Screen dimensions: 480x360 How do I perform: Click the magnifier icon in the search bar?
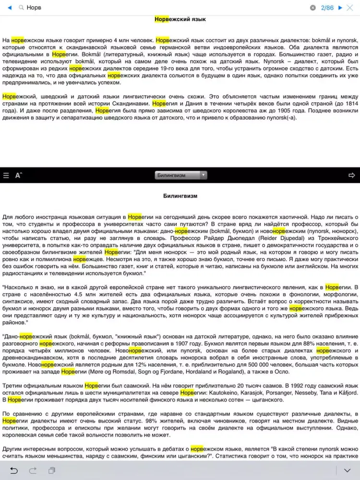[21, 8]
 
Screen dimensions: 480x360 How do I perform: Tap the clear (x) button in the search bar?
[313, 8]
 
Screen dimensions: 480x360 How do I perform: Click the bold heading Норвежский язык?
[180, 19]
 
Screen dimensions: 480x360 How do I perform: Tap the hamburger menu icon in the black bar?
[6, 175]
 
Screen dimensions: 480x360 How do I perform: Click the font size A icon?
[19, 175]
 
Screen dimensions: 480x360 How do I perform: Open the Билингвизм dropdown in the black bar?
[181, 175]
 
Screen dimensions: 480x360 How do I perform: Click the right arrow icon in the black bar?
[352, 175]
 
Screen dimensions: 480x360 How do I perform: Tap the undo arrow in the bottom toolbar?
[14, 470]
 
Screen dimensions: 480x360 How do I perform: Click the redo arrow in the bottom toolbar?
[33, 470]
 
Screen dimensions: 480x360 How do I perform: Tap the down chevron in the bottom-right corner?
[348, 470]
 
